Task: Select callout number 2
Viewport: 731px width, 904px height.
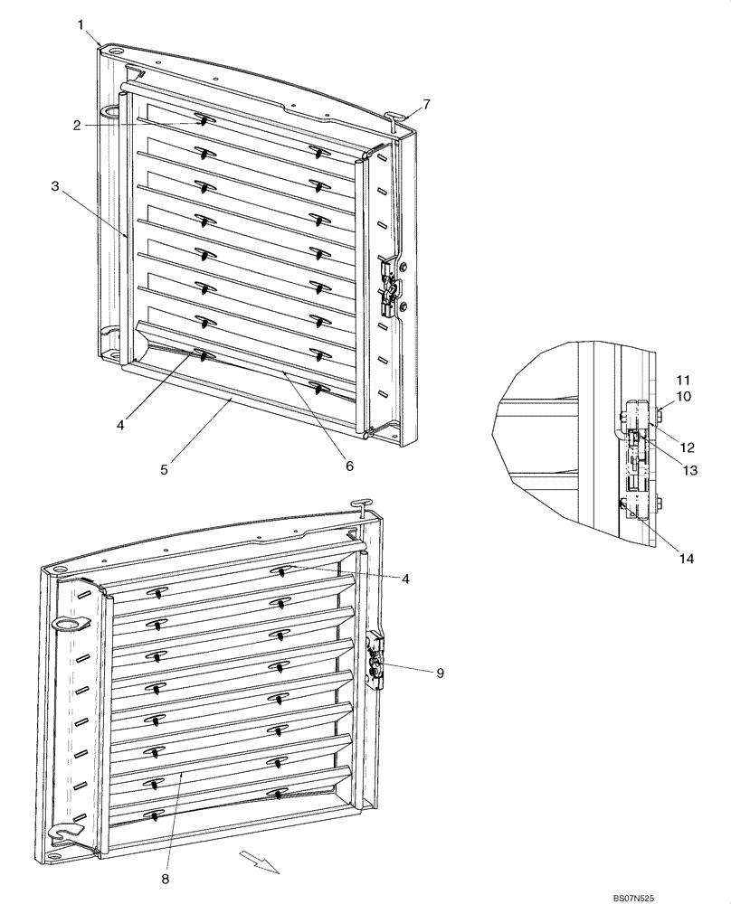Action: point(77,126)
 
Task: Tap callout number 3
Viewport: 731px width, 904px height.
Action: point(55,186)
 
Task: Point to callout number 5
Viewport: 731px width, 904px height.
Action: point(164,469)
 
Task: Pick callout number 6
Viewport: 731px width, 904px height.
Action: point(348,466)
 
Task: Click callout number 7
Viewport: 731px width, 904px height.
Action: point(425,105)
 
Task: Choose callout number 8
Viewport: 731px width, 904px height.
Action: point(164,877)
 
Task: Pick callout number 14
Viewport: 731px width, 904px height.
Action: point(686,559)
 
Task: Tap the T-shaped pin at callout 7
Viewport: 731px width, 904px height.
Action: point(394,118)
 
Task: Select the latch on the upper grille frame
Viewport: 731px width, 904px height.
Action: point(390,287)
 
